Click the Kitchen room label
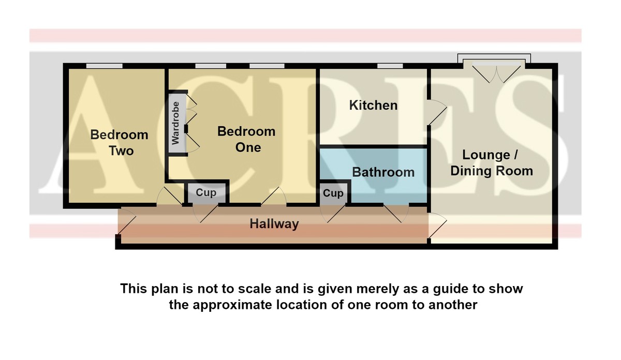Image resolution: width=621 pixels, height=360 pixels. pyautogui.click(x=373, y=106)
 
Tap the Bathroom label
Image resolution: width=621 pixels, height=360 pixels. pyautogui.click(x=383, y=172)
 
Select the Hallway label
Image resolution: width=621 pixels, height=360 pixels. pyautogui.click(x=274, y=224)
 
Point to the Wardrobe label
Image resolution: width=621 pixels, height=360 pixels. pyautogui.click(x=175, y=123)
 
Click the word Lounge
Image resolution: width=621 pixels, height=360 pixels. pyautogui.click(x=486, y=155)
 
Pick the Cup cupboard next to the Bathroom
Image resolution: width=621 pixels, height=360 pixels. pyautogui.click(x=333, y=193)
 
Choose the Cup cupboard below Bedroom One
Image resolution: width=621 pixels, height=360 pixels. pyautogui.click(x=206, y=192)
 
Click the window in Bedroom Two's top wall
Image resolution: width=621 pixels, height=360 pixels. pyautogui.click(x=104, y=66)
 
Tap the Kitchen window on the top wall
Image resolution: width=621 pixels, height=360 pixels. pyautogui.click(x=390, y=66)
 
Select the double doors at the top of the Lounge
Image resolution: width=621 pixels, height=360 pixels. pyautogui.click(x=496, y=72)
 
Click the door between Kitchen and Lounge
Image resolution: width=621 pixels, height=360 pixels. pyautogui.click(x=437, y=112)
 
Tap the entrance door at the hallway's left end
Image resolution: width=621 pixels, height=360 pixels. pyautogui.click(x=127, y=222)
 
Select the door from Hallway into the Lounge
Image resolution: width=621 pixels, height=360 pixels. pyautogui.click(x=437, y=226)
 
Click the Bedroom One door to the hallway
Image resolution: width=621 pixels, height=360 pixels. pyautogui.click(x=274, y=196)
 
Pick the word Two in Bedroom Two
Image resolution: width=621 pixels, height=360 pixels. pyautogui.click(x=121, y=151)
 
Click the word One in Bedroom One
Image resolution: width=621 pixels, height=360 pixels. pyautogui.click(x=248, y=147)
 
